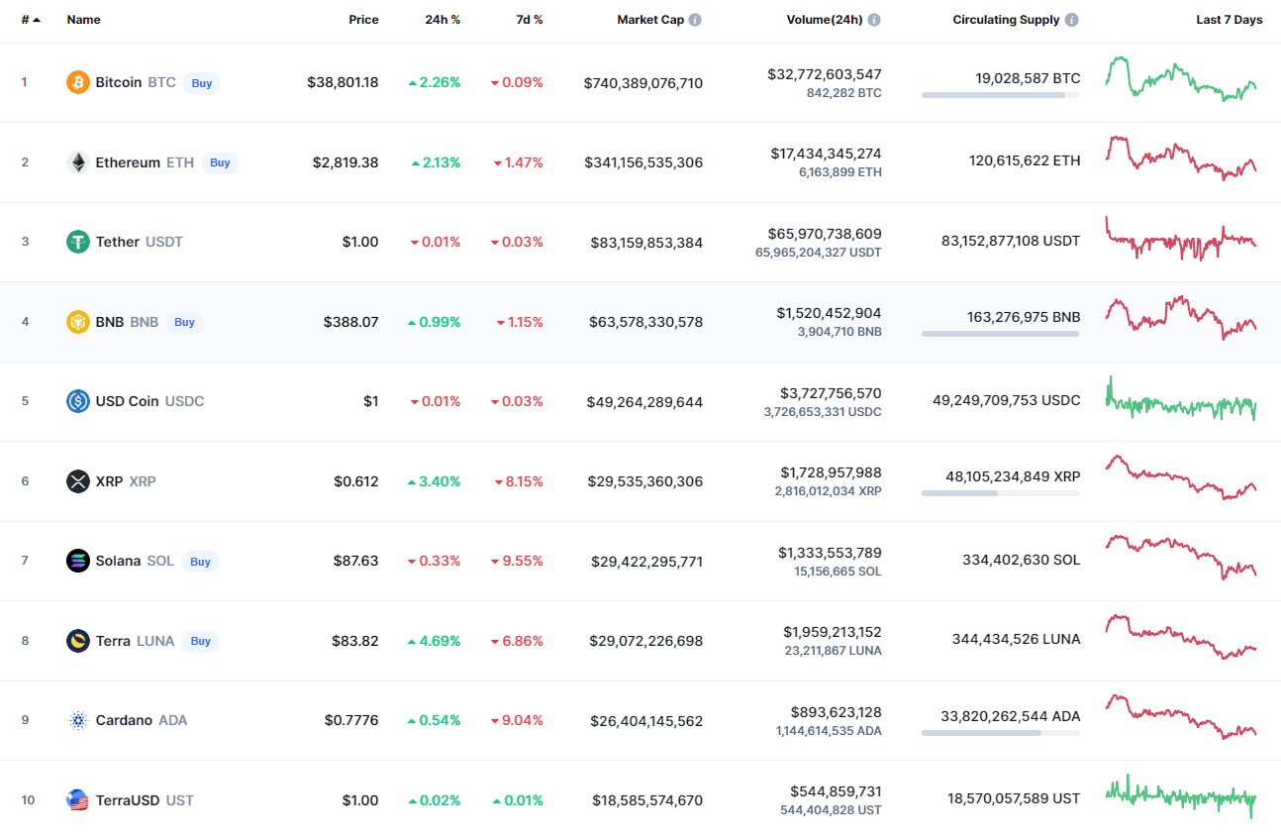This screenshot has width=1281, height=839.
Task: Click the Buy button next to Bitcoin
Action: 201,83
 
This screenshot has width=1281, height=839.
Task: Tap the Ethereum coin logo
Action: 78,162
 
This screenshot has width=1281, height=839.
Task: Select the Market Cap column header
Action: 650,20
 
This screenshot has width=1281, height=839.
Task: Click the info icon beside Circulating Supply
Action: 1072,20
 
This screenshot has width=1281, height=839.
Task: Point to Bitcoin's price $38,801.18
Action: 343,82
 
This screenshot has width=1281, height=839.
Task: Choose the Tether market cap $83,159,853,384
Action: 646,243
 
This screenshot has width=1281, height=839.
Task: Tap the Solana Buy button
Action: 200,562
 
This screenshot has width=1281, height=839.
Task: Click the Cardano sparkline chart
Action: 1181,716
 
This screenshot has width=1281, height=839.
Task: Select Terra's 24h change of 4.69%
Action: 434,641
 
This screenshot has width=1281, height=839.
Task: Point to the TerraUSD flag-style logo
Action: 78,800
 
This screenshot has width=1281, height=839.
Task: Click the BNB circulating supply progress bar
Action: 1000,334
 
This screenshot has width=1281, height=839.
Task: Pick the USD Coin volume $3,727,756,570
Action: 831,393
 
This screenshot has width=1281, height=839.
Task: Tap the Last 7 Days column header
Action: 1229,20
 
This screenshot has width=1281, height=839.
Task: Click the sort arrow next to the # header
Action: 37,20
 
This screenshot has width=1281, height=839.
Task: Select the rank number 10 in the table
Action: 28,799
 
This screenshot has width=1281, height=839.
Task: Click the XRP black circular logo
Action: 78,481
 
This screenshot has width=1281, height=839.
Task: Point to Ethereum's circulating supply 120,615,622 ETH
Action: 1025,160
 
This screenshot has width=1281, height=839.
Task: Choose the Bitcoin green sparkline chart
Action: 1181,79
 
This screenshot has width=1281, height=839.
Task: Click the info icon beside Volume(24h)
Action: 874,20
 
